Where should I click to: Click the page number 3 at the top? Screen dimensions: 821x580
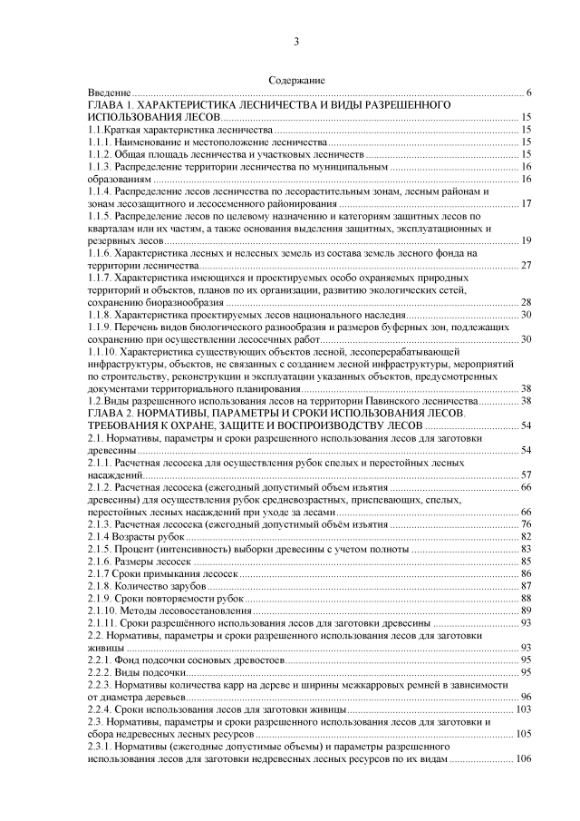point(296,43)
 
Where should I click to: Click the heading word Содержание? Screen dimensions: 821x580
point(296,82)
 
